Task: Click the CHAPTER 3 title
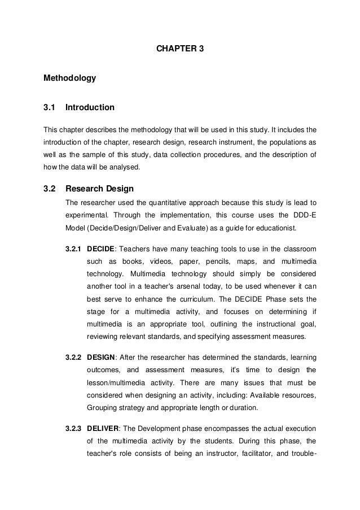(x=179, y=49)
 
